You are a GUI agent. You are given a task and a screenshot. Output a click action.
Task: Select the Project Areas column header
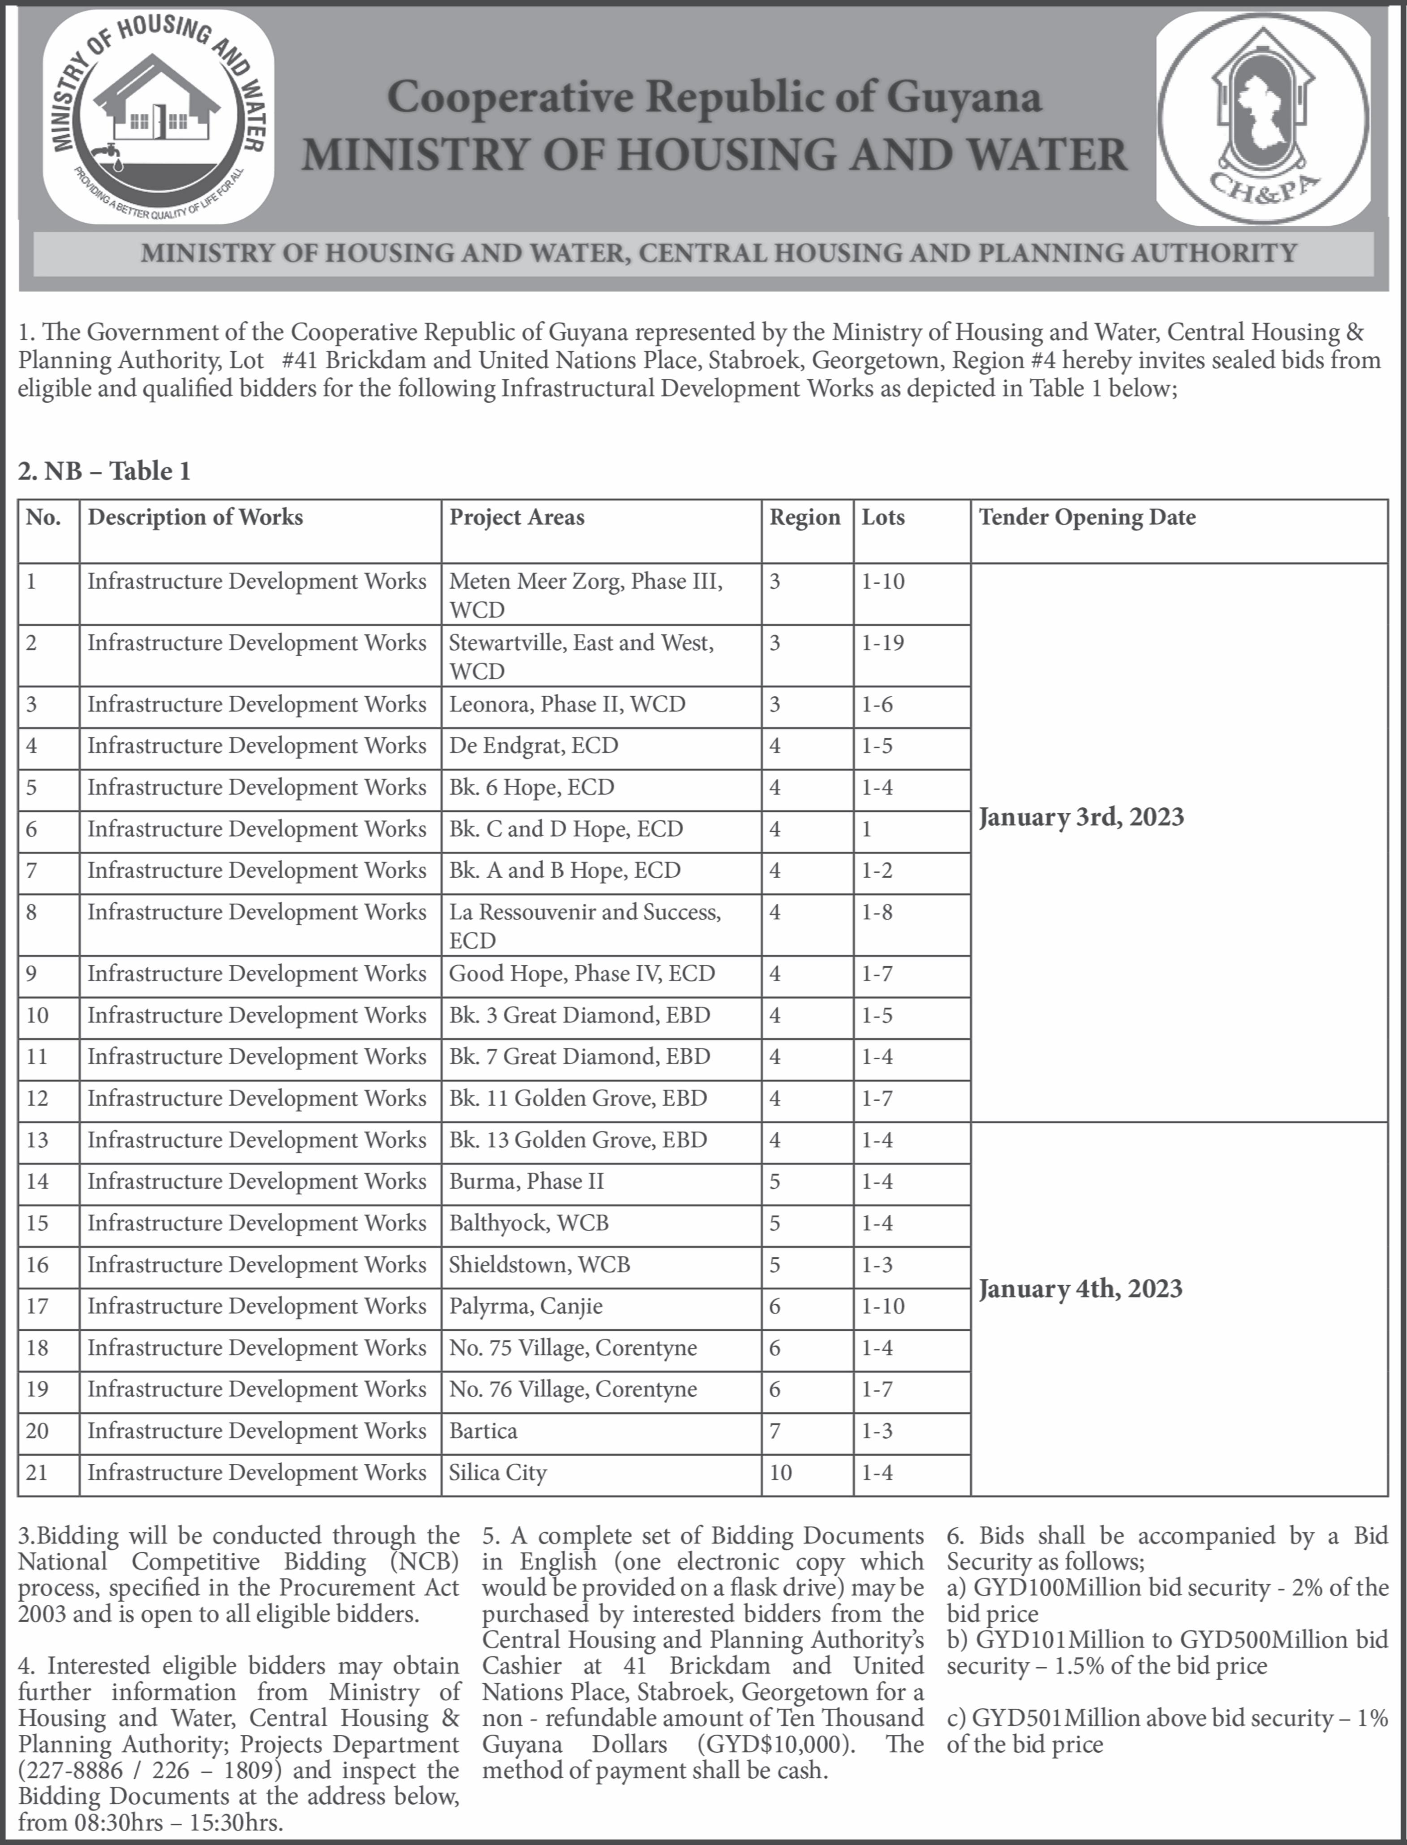517,517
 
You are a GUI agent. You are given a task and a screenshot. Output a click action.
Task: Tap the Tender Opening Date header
1087,517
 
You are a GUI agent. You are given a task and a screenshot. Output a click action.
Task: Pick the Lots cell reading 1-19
883,643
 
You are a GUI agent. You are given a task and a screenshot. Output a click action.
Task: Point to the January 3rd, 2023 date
1081,817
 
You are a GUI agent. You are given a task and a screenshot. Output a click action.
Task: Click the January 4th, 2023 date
1080,1289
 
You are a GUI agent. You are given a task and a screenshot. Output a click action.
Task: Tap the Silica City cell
498,1472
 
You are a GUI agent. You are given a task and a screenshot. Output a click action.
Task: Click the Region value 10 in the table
781,1472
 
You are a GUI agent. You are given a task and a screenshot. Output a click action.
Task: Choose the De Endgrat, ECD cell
534,746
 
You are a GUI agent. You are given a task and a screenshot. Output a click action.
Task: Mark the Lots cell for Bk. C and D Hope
868,829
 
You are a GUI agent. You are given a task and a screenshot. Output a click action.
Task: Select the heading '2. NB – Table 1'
105,471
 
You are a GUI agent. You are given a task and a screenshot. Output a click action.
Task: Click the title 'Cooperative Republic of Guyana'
714,97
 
